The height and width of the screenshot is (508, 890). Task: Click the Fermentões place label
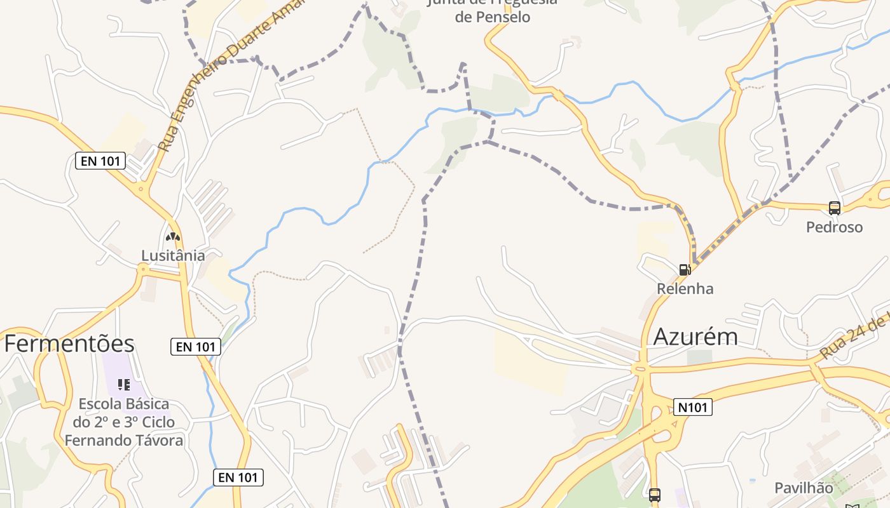click(x=69, y=344)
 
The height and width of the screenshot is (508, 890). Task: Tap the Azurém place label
click(x=695, y=337)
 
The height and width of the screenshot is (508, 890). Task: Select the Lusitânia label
click(x=173, y=255)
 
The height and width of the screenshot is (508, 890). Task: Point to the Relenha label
click(x=685, y=288)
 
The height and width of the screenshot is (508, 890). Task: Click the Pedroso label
click(x=834, y=227)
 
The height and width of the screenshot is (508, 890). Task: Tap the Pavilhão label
click(x=803, y=488)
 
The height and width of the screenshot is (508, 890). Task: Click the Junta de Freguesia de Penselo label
click(x=493, y=10)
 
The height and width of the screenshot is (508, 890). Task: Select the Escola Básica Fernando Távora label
click(x=124, y=422)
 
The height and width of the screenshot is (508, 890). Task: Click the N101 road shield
click(x=692, y=407)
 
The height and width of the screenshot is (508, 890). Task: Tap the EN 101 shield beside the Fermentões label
click(x=196, y=347)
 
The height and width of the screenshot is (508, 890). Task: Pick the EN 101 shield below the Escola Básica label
click(x=238, y=478)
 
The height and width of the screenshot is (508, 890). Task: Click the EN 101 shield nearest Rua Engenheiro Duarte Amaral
click(x=100, y=161)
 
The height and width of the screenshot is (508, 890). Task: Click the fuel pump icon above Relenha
click(x=685, y=269)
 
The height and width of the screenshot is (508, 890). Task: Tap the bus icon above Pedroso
click(x=834, y=208)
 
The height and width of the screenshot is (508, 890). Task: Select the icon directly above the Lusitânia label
click(x=172, y=237)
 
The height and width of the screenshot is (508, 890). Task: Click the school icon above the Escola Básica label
click(x=124, y=384)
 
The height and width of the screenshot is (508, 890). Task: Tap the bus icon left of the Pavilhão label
click(x=654, y=495)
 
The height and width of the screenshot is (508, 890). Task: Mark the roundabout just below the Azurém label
click(x=640, y=368)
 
